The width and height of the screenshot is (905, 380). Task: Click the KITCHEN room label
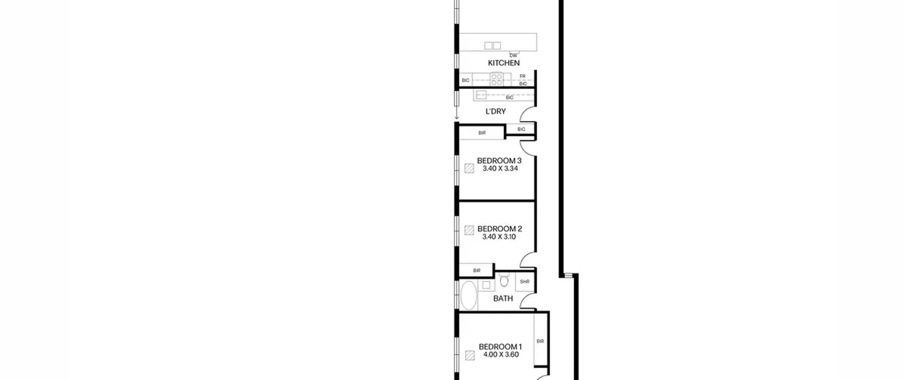tap(504, 63)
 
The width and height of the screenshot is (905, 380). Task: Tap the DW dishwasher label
tap(513, 56)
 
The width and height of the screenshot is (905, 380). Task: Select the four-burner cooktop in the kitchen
tap(497, 79)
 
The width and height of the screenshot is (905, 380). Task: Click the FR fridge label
tap(522, 76)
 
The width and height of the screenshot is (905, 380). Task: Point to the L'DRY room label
tap(496, 111)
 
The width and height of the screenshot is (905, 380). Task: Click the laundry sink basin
tap(481, 95)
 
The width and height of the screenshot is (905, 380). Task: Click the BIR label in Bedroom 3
tap(482, 133)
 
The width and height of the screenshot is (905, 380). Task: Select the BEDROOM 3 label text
tap(499, 160)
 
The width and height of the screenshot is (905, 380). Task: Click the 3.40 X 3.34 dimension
tap(500, 169)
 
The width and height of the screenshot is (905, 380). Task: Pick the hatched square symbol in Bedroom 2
tap(469, 230)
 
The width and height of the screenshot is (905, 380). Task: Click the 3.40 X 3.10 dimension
tap(499, 237)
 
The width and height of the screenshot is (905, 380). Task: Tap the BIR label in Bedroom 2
tap(477, 270)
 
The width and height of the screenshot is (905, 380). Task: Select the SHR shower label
tap(525, 282)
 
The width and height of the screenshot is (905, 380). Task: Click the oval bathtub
tap(469, 296)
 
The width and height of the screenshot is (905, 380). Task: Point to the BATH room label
tap(503, 299)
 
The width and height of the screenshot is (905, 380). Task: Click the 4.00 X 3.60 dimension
tap(501, 355)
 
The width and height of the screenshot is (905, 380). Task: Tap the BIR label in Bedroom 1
tap(540, 341)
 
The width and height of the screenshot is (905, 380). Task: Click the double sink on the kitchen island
tap(492, 46)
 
